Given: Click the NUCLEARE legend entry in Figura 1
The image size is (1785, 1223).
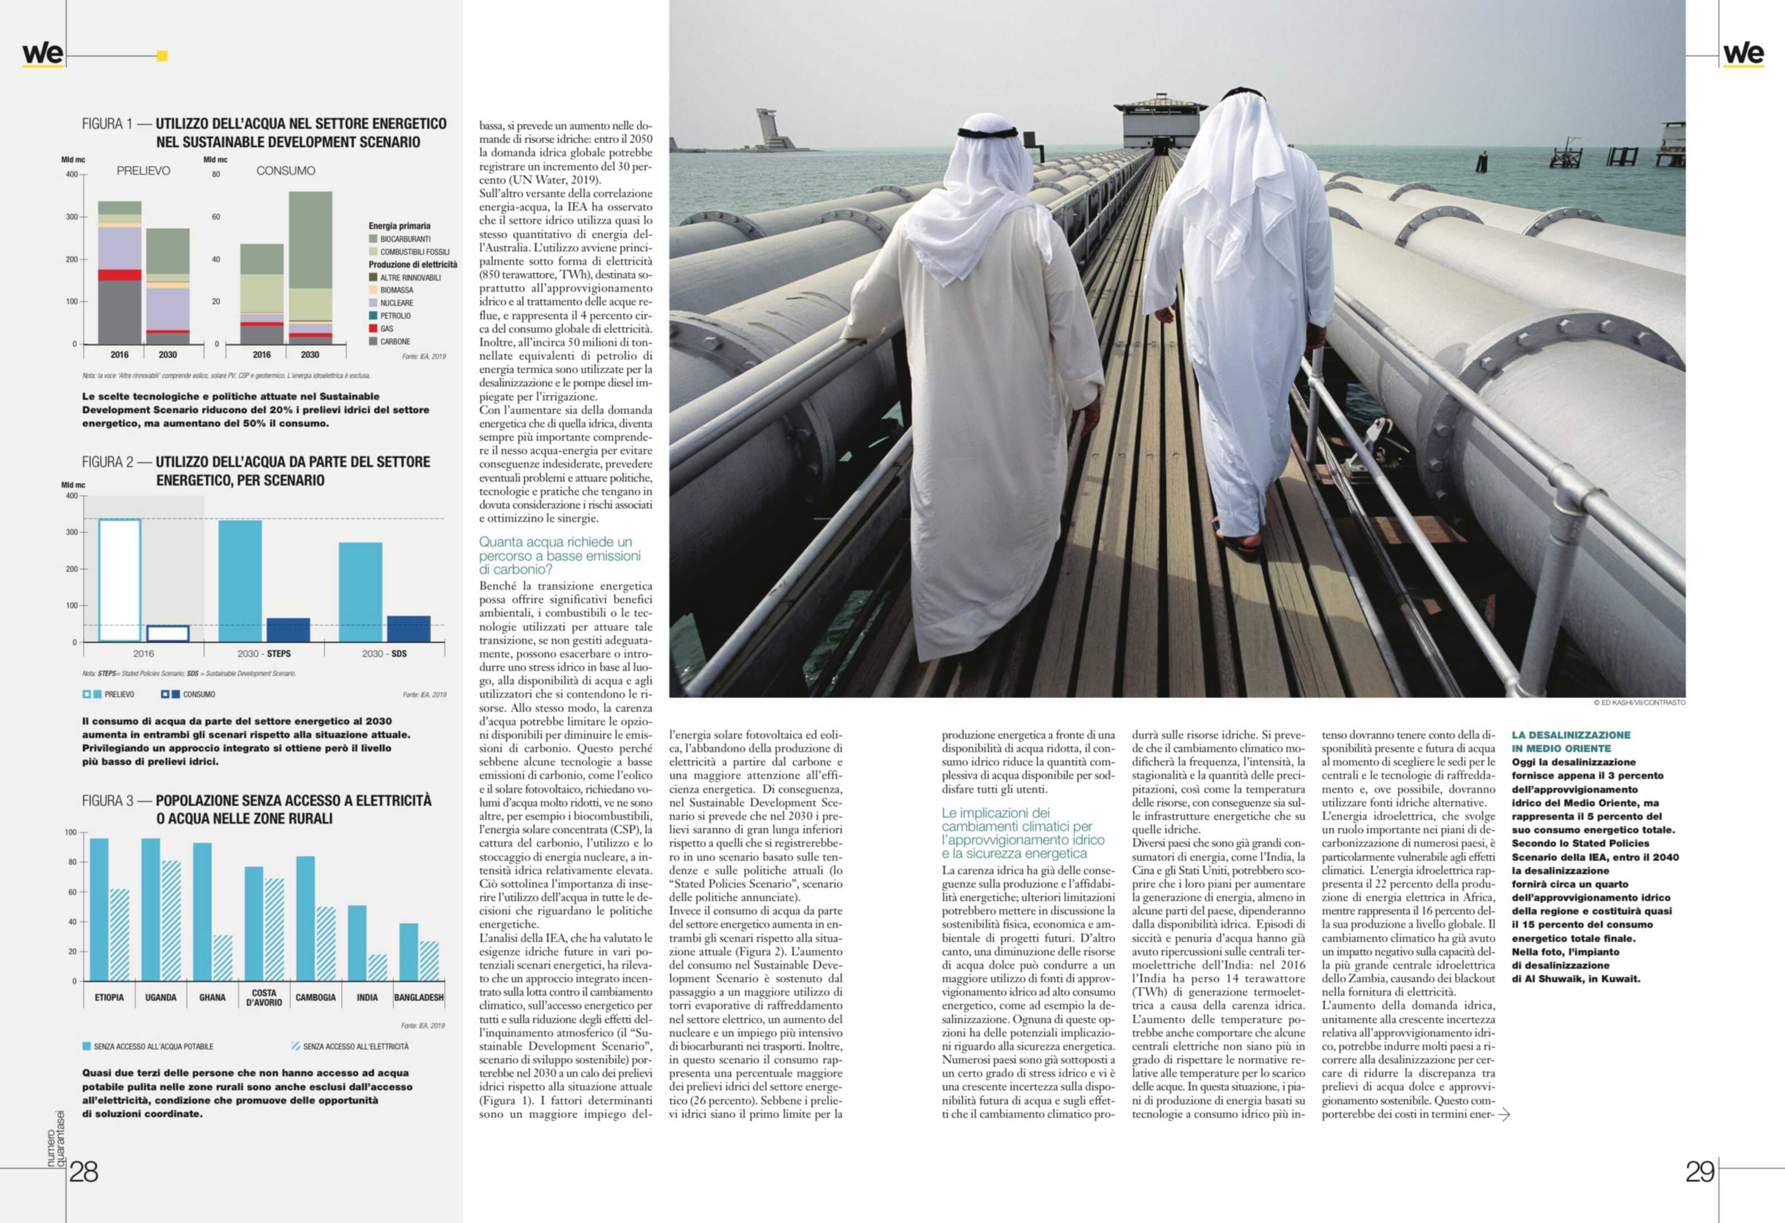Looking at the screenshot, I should coord(396,303).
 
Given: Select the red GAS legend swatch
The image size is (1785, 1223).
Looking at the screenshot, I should coord(373,329).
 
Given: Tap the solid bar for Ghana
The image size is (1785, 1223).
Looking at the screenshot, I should coord(203,911).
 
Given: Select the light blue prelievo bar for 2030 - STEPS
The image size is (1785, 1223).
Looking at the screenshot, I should coord(240,581).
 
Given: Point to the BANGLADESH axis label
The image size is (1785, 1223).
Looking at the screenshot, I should coord(419,997).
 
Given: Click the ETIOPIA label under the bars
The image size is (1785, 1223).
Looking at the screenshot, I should coord(109,997).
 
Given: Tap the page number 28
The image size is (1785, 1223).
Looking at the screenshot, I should coord(84,1171).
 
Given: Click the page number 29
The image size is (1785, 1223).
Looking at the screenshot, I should coord(1700,1171).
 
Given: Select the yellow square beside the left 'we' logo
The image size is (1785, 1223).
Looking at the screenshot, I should coord(162,55).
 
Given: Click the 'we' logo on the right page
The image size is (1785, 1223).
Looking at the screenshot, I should coord(1744,54).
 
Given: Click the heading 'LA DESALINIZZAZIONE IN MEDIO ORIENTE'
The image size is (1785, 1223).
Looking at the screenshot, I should coord(1571,741).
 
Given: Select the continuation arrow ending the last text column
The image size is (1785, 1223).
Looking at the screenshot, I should coord(1504,1114).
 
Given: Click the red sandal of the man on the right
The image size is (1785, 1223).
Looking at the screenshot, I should coord(1238,541).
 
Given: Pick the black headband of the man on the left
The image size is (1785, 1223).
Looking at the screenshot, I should coord(976,133).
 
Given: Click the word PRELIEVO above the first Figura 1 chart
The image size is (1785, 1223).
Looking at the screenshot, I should coord(144,171).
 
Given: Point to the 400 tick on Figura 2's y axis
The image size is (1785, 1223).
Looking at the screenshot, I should coord(72,496).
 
